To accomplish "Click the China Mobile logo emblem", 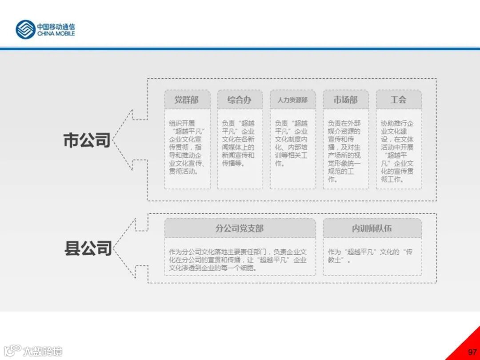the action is (x=25, y=29).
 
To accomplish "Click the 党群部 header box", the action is (x=187, y=100).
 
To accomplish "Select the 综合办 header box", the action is (x=240, y=100).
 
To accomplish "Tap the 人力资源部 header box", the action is (x=292, y=100).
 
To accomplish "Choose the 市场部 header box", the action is (x=345, y=100).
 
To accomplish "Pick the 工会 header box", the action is (x=398, y=100).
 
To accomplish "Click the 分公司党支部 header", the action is (x=240, y=228).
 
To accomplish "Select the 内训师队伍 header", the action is (x=372, y=228).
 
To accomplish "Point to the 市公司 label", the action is (x=87, y=140).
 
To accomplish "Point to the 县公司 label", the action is (x=88, y=248).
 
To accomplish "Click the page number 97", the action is (x=472, y=352).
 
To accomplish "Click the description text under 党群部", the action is (x=187, y=147).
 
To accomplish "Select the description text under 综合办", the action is (x=240, y=143).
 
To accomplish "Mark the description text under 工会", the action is (x=398, y=151).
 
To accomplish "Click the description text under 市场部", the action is (x=345, y=151).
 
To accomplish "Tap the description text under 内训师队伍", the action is (x=370, y=256).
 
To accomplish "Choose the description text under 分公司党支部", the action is (x=238, y=260).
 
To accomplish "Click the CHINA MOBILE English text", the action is (x=56, y=34).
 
